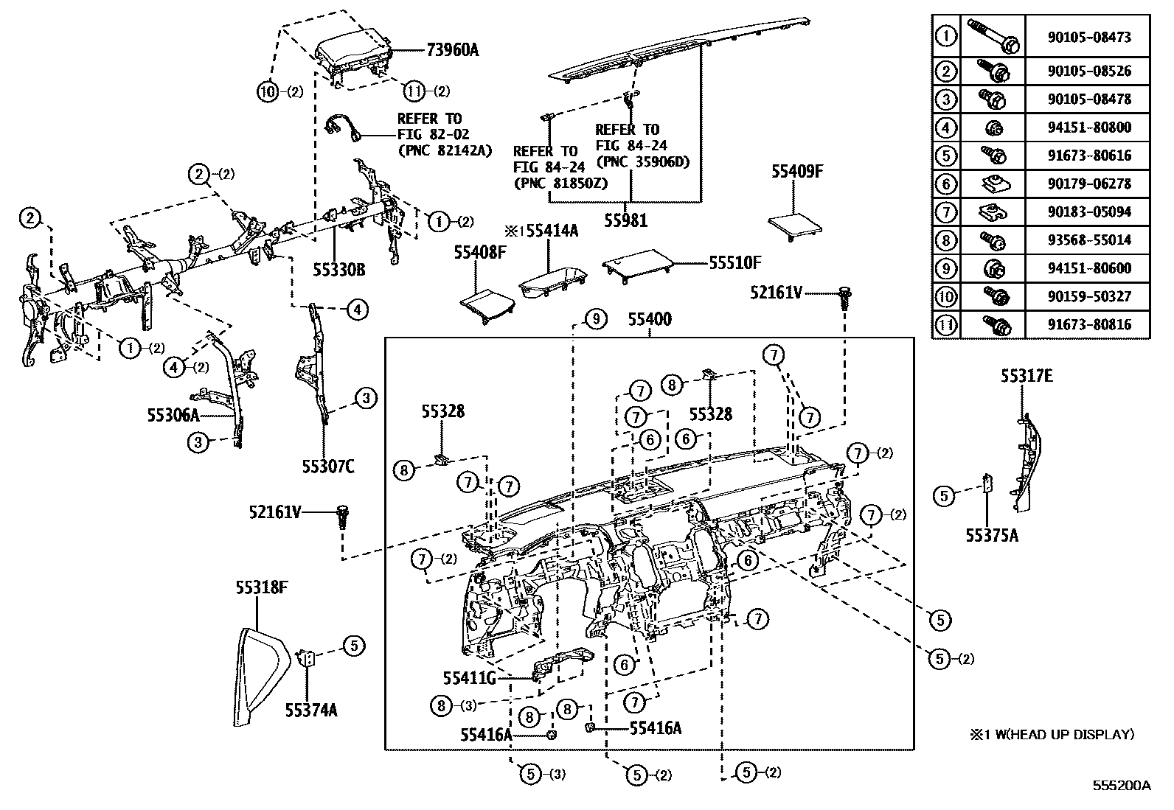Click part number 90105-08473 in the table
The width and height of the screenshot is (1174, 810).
point(1088,37)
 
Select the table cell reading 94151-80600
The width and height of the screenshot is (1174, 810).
point(1088,268)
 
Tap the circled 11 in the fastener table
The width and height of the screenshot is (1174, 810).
point(945,324)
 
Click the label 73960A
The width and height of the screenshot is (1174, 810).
point(452,50)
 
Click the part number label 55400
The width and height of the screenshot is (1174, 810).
point(650,320)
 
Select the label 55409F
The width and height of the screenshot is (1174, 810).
point(796,172)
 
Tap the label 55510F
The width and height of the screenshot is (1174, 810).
point(734,262)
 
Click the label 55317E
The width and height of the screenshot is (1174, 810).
point(1026,376)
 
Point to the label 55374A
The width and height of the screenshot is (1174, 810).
point(311,710)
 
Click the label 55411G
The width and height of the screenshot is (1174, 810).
point(469,677)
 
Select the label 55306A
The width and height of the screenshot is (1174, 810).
point(173,416)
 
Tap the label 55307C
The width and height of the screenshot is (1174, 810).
point(328,466)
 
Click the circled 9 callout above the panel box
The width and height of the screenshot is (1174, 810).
point(595,319)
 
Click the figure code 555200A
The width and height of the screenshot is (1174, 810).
point(1121,785)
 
